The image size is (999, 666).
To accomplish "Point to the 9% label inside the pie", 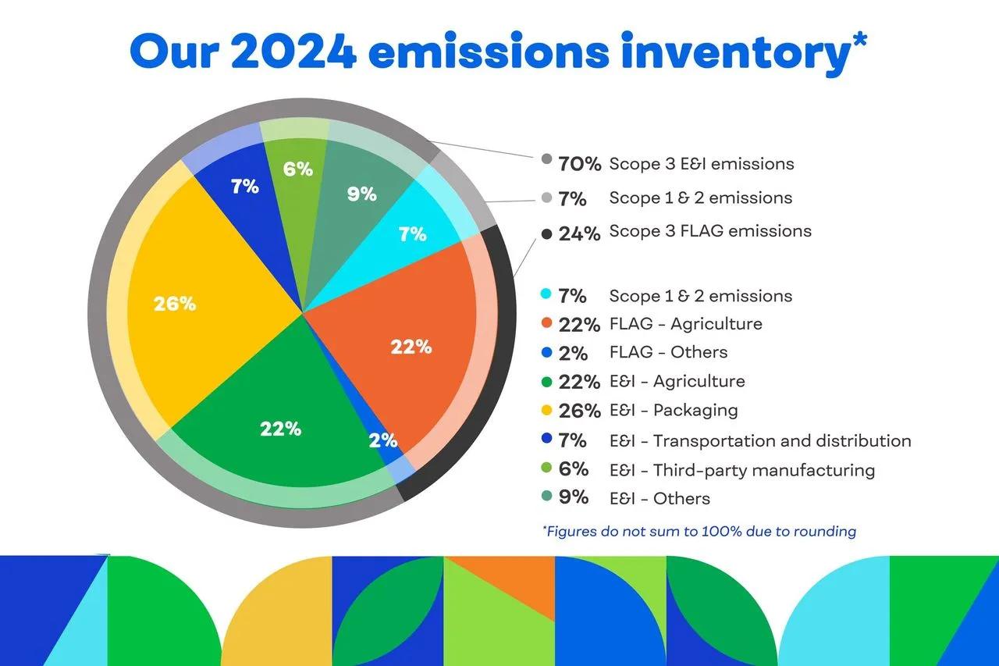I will tap(361, 194).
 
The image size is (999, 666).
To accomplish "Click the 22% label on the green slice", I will tap(281, 428).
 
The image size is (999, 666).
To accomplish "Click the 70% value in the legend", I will tap(579, 164).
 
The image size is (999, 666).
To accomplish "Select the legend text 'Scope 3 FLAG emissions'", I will tap(710, 231).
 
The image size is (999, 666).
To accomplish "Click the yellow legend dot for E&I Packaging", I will tap(547, 411).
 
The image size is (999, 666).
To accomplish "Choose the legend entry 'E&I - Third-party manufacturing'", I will tap(741, 470).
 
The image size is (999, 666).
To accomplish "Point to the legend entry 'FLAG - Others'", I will tap(668, 352).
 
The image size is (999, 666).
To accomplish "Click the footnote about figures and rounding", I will tap(699, 532).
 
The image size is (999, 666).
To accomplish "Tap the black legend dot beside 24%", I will tap(547, 233).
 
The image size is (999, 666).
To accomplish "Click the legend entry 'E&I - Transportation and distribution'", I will tap(759, 441).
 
